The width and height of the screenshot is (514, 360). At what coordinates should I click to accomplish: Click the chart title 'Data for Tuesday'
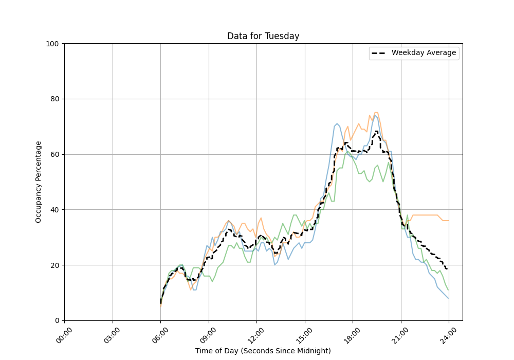coord(263,36)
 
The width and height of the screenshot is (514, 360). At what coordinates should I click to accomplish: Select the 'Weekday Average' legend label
coord(424,53)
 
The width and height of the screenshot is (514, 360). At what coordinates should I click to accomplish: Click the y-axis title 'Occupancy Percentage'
coord(39,182)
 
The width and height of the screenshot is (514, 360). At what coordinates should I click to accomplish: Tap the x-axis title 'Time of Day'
coord(263,351)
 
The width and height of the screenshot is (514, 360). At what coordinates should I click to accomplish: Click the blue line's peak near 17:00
coord(337,123)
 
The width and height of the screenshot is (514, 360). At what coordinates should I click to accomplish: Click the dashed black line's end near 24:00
coord(447,269)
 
